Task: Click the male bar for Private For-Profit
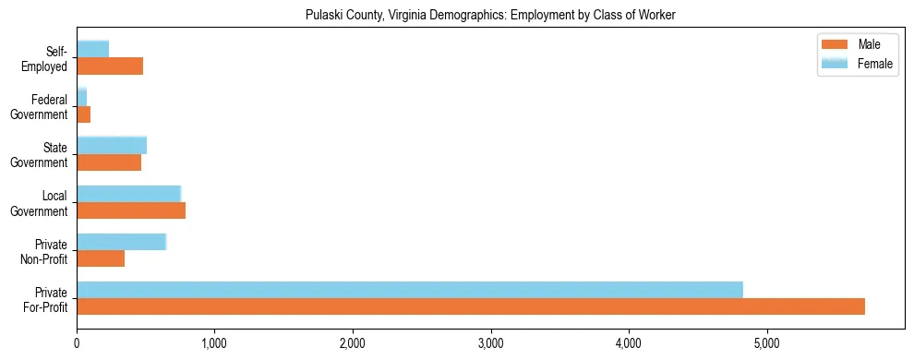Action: pos(471,306)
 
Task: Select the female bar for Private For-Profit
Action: pos(410,290)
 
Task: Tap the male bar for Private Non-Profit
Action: pos(101,258)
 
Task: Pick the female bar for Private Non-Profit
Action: pos(121,242)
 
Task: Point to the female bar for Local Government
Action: pos(128,193)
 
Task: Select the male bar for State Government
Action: pos(109,162)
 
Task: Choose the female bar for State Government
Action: pos(112,145)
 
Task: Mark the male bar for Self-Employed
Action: pos(110,66)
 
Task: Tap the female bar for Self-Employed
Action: pos(92,49)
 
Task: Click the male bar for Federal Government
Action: pos(83,114)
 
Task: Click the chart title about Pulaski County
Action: pos(490,15)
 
